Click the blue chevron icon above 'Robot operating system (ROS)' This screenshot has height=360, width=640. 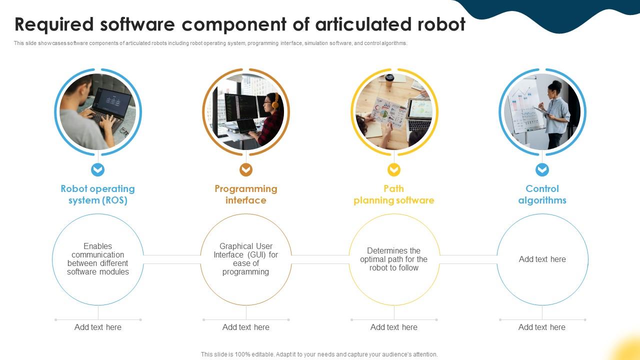(97, 169)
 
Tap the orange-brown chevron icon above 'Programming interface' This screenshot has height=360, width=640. (246, 169)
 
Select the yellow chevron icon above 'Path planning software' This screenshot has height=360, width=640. (394, 169)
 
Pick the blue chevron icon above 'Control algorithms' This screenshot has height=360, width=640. (542, 169)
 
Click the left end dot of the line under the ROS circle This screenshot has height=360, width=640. (55, 319)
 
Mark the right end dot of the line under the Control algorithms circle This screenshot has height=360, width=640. (585, 319)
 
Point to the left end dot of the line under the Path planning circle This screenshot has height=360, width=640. (351, 319)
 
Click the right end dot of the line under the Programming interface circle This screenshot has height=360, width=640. (288, 319)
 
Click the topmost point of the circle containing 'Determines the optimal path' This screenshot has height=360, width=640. (394, 214)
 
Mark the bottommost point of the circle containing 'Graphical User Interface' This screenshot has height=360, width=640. (246, 305)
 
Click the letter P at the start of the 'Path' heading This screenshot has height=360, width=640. (386, 188)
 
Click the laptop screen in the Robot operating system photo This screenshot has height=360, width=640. (113, 102)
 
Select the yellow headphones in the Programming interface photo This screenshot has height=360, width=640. (275, 101)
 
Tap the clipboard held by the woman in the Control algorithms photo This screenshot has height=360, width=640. (542, 111)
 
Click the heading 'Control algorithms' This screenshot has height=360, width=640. (542, 194)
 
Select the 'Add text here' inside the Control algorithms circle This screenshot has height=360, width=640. (542, 259)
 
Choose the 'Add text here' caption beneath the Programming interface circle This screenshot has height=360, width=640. (246, 327)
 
